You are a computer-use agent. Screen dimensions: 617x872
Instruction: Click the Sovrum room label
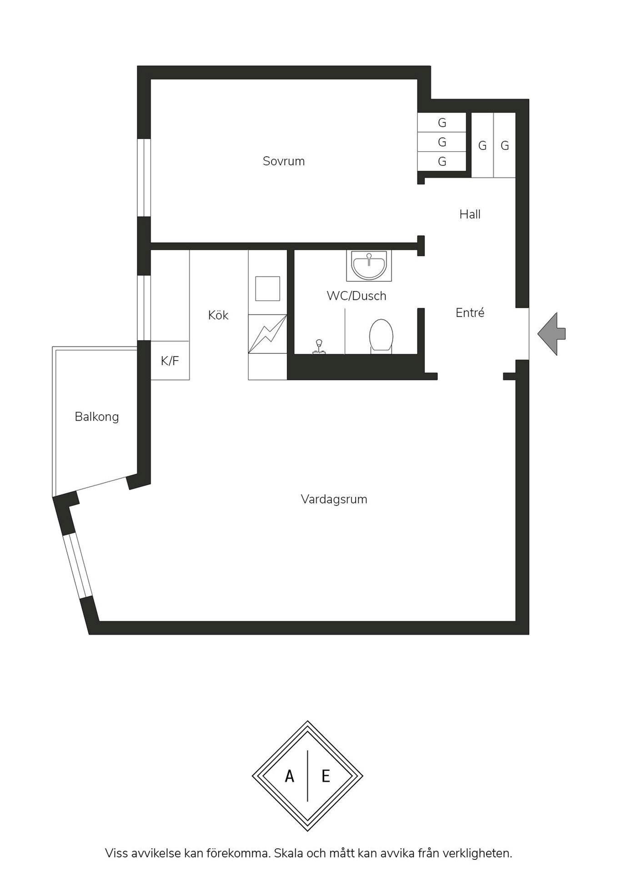click(284, 161)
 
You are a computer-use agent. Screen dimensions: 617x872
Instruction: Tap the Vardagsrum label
click(334, 500)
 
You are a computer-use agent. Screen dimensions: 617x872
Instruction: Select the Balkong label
click(97, 417)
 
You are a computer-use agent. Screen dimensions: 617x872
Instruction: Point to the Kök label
click(218, 315)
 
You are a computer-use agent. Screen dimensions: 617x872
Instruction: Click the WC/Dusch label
click(356, 296)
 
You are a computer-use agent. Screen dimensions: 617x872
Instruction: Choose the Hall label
click(470, 214)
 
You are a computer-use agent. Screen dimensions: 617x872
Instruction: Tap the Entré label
click(470, 312)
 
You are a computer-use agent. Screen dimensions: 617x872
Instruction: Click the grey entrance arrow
click(551, 334)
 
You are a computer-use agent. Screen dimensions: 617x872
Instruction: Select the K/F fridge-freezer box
click(170, 361)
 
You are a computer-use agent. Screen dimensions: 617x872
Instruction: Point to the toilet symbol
click(381, 336)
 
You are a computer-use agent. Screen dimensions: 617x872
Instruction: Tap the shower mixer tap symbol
click(319, 347)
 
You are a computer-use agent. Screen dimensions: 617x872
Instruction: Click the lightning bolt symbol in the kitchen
click(267, 334)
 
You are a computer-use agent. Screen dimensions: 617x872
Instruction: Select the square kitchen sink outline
click(267, 288)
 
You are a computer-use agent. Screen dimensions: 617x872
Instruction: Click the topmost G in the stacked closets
click(442, 123)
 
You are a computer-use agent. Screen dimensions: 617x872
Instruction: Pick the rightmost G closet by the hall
click(505, 146)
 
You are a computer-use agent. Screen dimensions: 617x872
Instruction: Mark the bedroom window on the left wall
click(144, 178)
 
